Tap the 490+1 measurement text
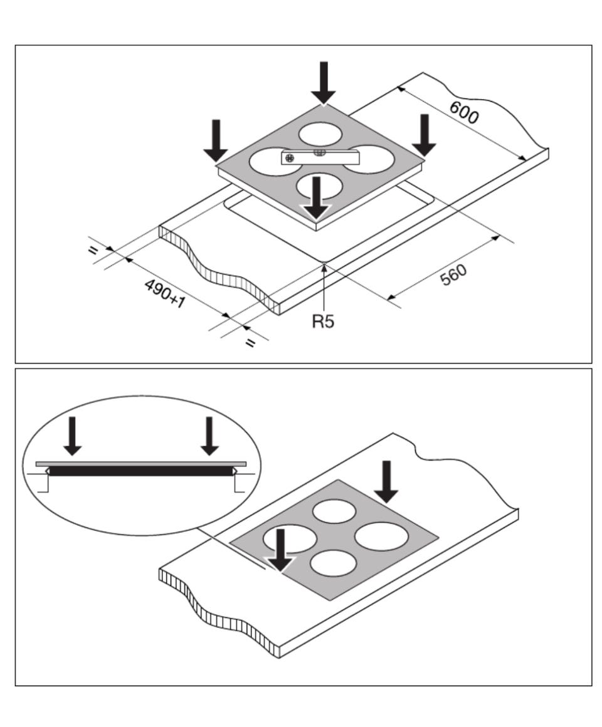[165, 294]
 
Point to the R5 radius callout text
[323, 322]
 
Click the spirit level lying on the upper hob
[311, 157]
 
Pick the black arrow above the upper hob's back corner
[324, 82]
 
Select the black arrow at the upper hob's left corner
[216, 140]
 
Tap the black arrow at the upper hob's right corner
[425, 135]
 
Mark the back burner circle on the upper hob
[320, 134]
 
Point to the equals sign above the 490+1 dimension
[93, 251]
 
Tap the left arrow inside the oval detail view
[73, 435]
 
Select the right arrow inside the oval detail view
[209, 435]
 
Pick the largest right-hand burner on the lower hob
[381, 536]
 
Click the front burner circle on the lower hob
[333, 563]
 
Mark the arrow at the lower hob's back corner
[386, 481]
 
